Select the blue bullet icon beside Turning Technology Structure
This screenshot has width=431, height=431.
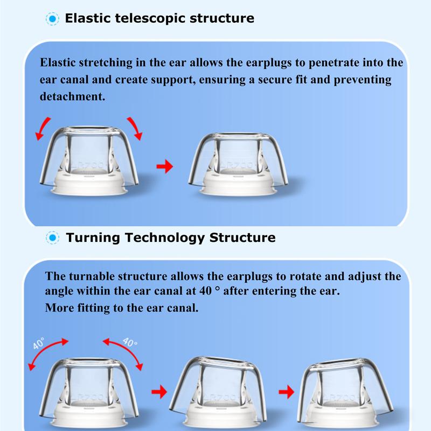pyautogui.click(x=52, y=238)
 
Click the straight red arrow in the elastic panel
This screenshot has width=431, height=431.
pyautogui.click(x=164, y=166)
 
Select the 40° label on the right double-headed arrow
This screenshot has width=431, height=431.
pyautogui.click(x=130, y=343)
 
